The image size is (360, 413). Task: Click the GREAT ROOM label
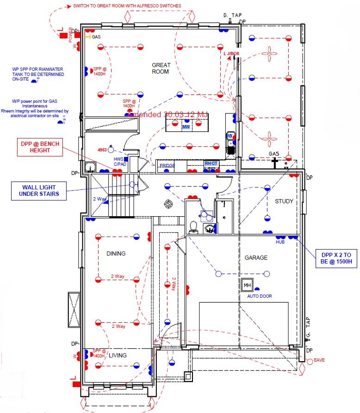pos(161,68)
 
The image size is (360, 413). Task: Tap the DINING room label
pos(116,253)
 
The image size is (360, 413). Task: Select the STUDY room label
pos(284,201)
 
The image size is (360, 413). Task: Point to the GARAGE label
pos(256,257)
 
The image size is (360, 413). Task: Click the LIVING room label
pos(118,355)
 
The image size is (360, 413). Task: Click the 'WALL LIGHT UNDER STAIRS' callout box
pos(39,190)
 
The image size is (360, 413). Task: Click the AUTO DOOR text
pos(260,296)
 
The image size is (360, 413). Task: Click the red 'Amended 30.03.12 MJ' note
pos(167,114)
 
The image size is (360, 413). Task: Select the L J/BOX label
pos(231,54)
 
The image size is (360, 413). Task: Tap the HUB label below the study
pos(280,242)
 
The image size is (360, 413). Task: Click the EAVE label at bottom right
pos(319,360)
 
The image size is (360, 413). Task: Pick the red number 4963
pos(103,150)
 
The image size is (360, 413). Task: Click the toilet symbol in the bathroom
pos(194,226)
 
